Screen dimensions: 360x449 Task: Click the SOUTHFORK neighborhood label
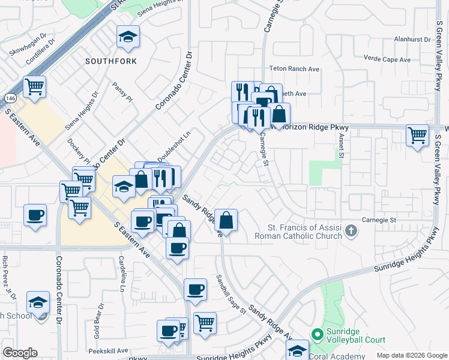pyautogui.click(x=110, y=61)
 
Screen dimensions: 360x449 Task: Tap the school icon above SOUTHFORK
pyautogui.click(x=128, y=38)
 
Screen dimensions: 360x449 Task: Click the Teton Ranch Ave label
pyautogui.click(x=294, y=69)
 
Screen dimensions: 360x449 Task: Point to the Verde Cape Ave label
pyautogui.click(x=387, y=59)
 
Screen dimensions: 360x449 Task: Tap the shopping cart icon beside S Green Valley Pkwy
pyautogui.click(x=417, y=135)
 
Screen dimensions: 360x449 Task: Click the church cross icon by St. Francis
pyautogui.click(x=352, y=230)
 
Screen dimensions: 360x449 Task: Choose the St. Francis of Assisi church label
pyautogui.click(x=306, y=232)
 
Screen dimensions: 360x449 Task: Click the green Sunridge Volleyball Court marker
pyautogui.click(x=316, y=332)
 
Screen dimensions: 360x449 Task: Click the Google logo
pyautogui.click(x=20, y=353)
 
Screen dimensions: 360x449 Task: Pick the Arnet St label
pyautogui.click(x=341, y=146)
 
